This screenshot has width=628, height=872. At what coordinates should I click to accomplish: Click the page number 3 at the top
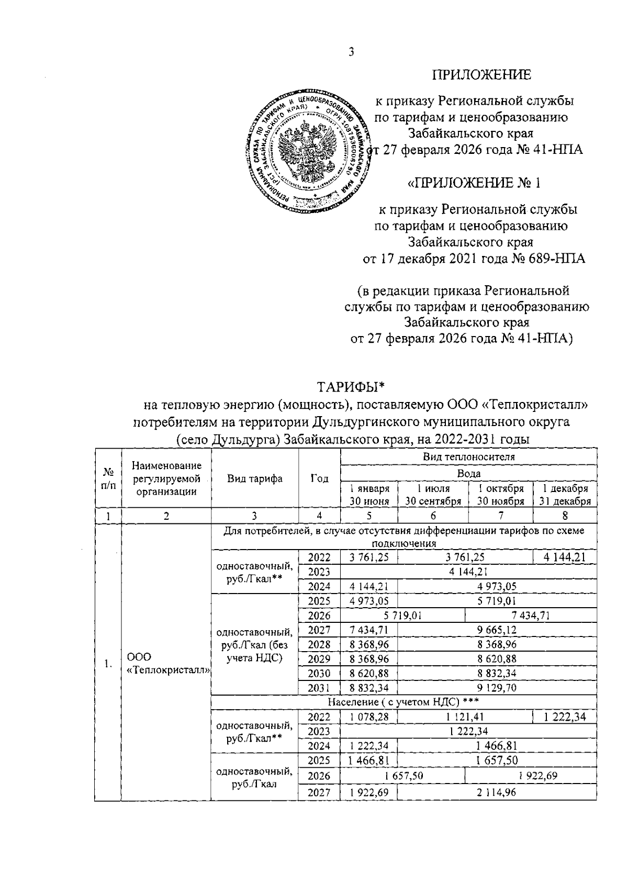(352, 52)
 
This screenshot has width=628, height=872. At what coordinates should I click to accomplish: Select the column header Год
(319, 478)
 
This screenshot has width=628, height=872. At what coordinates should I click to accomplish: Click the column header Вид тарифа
(255, 478)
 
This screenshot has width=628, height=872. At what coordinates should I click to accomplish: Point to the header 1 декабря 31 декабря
(565, 495)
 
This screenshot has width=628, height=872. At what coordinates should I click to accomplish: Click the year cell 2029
(319, 658)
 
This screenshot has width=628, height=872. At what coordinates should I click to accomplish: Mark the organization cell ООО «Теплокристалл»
(166, 664)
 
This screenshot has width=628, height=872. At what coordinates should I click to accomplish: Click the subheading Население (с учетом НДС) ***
(403, 701)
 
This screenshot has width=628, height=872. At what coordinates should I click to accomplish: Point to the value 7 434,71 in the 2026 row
(530, 616)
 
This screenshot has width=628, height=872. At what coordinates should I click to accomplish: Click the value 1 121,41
(465, 717)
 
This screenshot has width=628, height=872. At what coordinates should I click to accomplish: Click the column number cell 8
(565, 516)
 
